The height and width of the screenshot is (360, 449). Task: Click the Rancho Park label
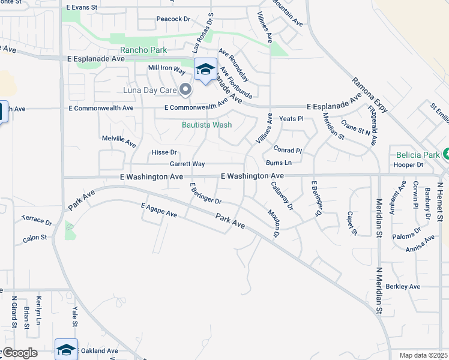coord(143,50)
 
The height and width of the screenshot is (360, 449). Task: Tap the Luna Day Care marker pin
coord(185,91)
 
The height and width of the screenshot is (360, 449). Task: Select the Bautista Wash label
coord(206,125)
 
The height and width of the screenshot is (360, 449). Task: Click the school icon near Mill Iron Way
coord(205,70)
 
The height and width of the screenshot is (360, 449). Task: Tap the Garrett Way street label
coord(187,164)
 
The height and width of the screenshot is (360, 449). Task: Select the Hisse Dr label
coord(164,152)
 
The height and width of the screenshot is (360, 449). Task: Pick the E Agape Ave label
coord(159,210)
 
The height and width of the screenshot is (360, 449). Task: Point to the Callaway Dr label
coord(281,197)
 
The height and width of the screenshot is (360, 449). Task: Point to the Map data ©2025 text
coord(423,355)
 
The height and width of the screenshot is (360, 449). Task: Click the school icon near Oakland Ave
coord(66,349)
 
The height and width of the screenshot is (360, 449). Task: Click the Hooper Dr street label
coord(409,164)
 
